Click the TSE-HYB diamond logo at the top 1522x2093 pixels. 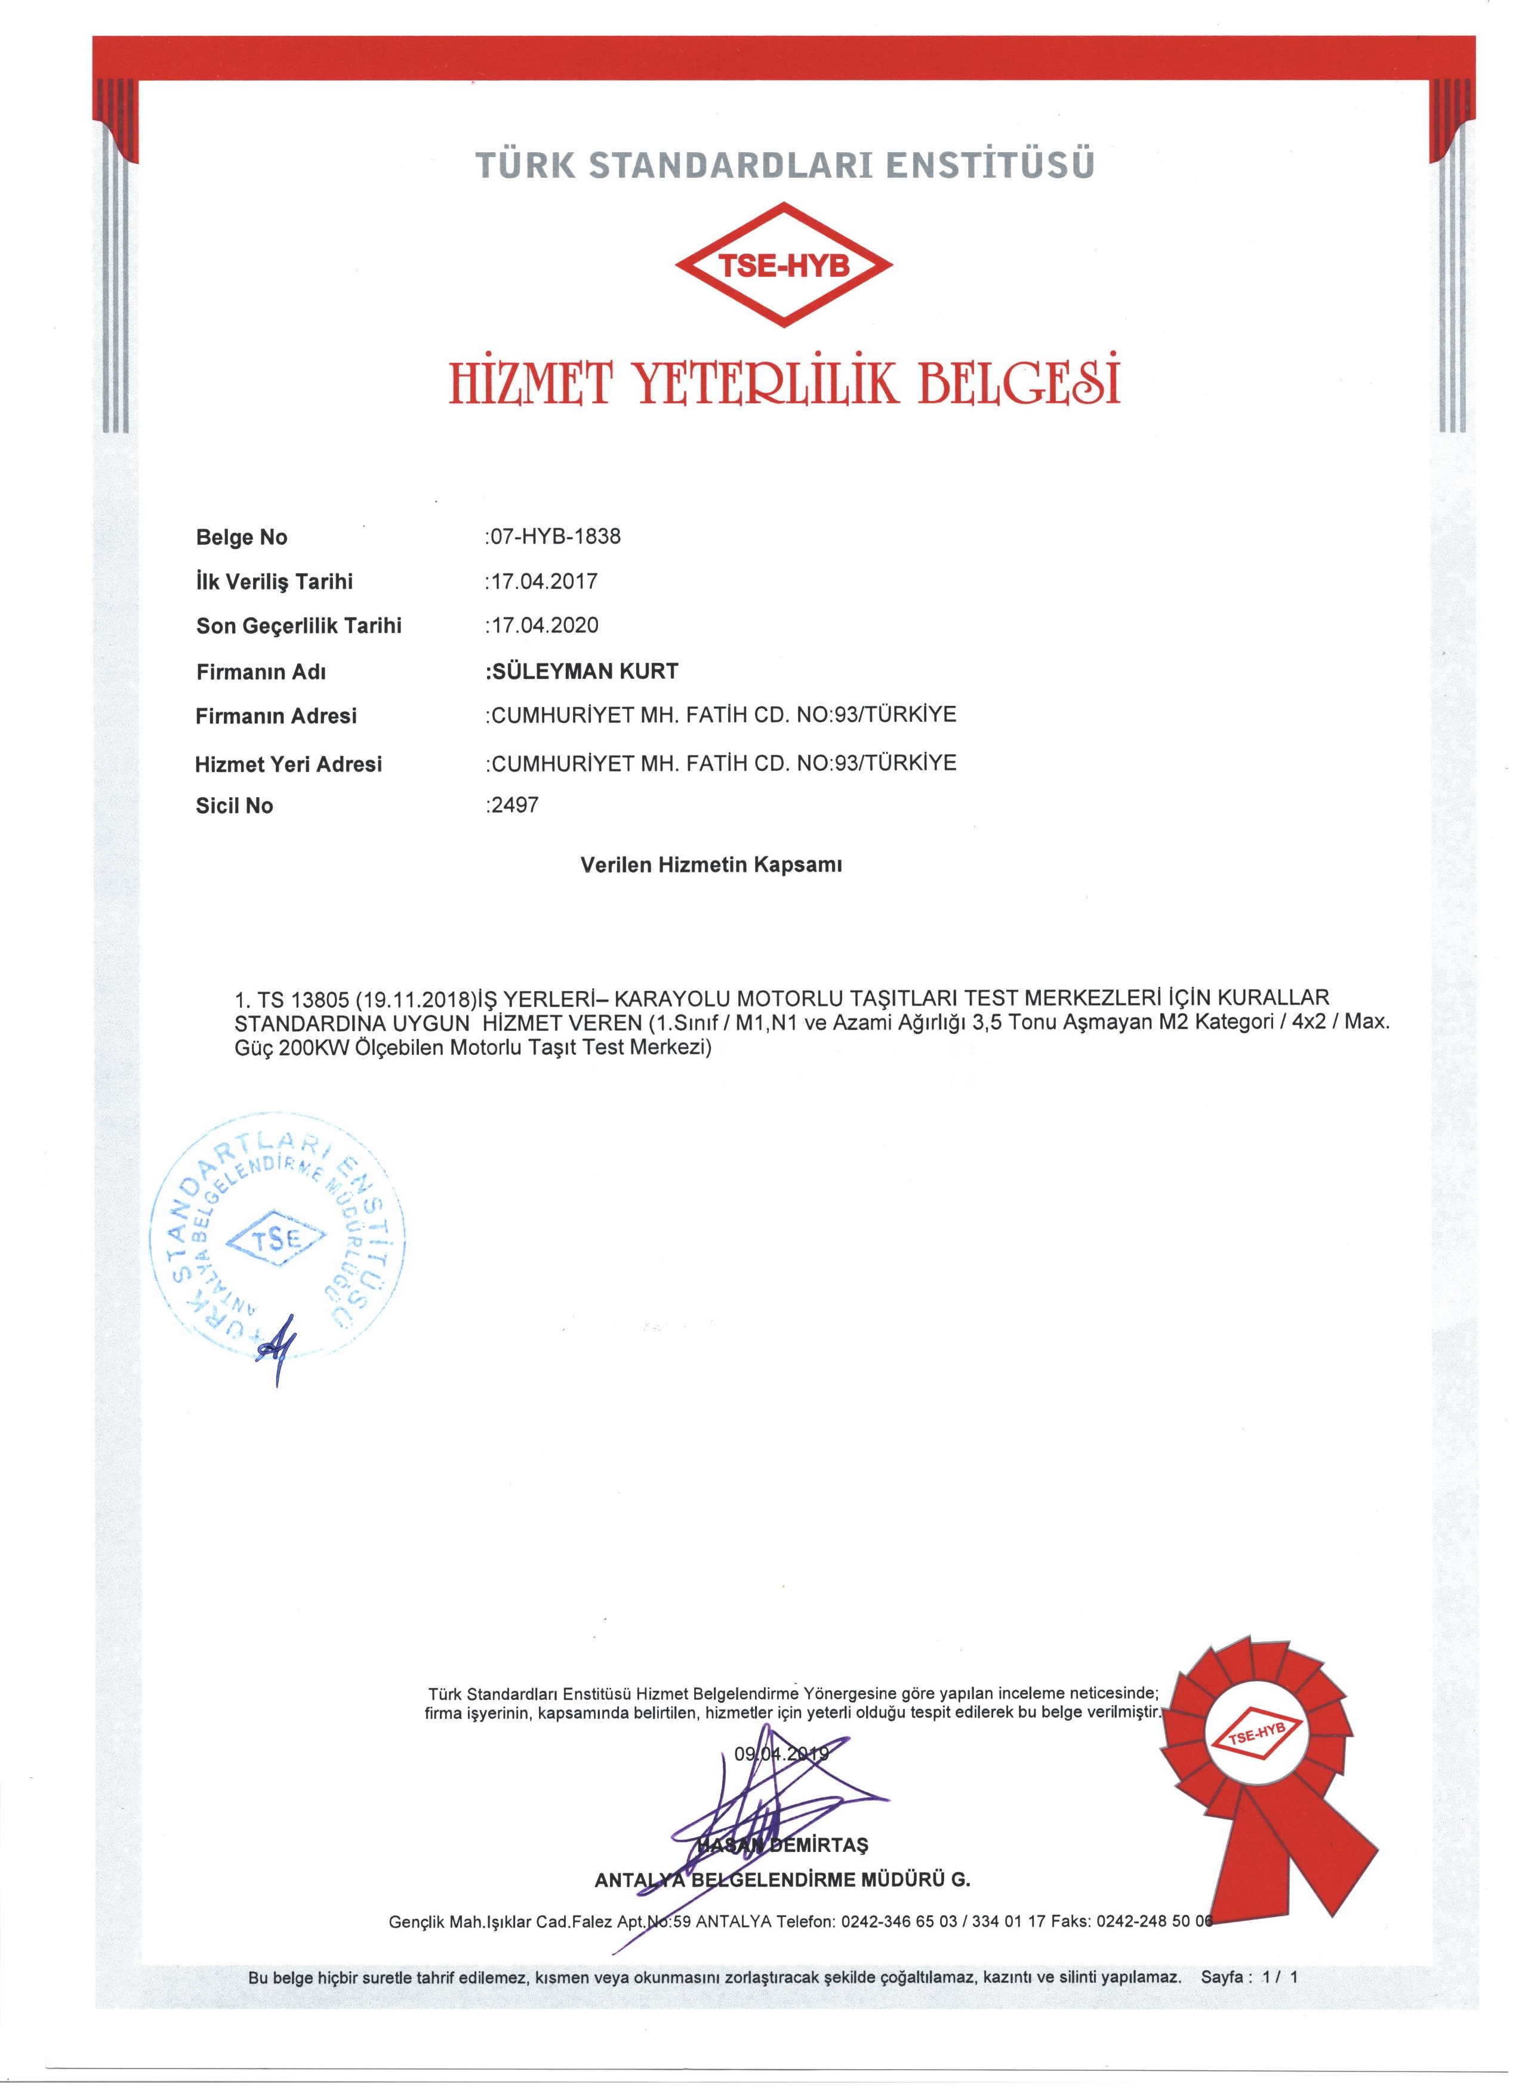(x=784, y=265)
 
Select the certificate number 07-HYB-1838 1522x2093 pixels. (x=554, y=536)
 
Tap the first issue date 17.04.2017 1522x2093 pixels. (x=543, y=581)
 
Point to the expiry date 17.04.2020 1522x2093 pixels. (x=543, y=626)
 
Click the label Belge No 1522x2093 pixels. (x=242, y=537)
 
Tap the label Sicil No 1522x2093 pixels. (x=235, y=805)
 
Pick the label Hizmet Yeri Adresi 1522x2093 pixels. (x=288, y=764)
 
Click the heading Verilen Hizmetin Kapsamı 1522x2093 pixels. (x=711, y=866)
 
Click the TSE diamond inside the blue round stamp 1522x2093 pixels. (x=276, y=1241)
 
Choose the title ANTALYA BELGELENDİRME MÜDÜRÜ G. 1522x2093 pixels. (x=782, y=1880)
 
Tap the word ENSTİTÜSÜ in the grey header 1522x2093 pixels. (x=990, y=164)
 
